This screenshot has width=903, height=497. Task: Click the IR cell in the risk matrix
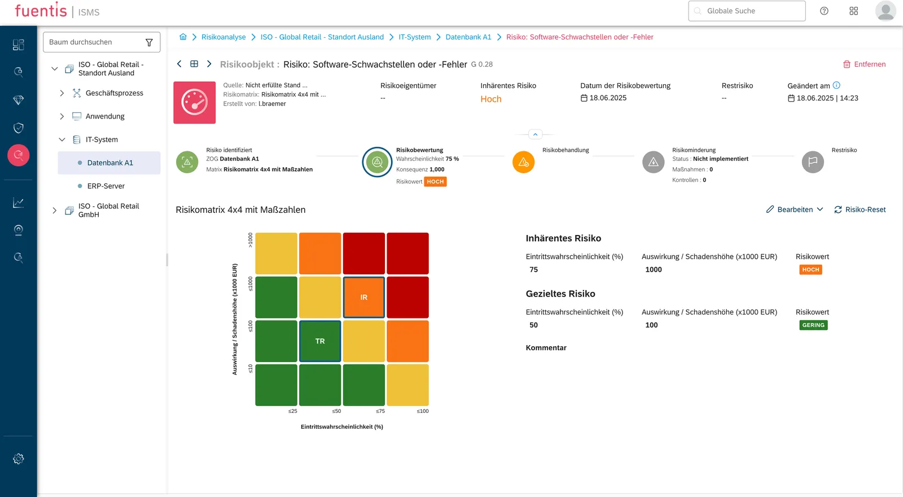tap(363, 297)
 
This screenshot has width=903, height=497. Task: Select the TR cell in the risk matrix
tap(320, 341)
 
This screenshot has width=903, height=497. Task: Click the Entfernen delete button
tap(864, 64)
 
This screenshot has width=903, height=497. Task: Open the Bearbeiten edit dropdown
tap(795, 210)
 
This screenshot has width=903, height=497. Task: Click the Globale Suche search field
tap(747, 11)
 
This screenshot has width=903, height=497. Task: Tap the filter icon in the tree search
tap(149, 42)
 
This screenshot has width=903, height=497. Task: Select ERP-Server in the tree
tap(106, 186)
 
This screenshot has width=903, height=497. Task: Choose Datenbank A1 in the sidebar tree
tap(110, 163)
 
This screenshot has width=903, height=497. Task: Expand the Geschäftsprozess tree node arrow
tap(62, 93)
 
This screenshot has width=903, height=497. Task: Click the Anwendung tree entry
tap(105, 116)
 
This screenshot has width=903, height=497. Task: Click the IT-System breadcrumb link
tap(414, 37)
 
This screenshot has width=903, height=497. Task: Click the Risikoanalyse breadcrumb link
tap(223, 37)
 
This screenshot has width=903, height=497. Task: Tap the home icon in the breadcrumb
tap(183, 37)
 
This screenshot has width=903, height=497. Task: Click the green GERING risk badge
tap(813, 325)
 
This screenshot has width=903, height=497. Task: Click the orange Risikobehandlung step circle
tap(523, 162)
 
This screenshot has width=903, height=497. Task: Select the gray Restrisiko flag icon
tap(813, 162)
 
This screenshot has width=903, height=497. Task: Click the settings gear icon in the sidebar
tap(18, 459)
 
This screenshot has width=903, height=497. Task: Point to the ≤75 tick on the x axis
tap(380, 411)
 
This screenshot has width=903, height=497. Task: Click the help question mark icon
tap(824, 11)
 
